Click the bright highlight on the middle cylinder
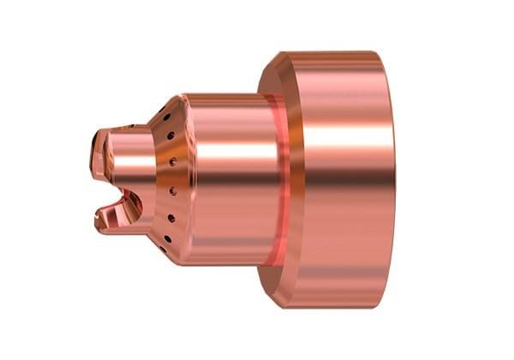pyautogui.click(x=227, y=146)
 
